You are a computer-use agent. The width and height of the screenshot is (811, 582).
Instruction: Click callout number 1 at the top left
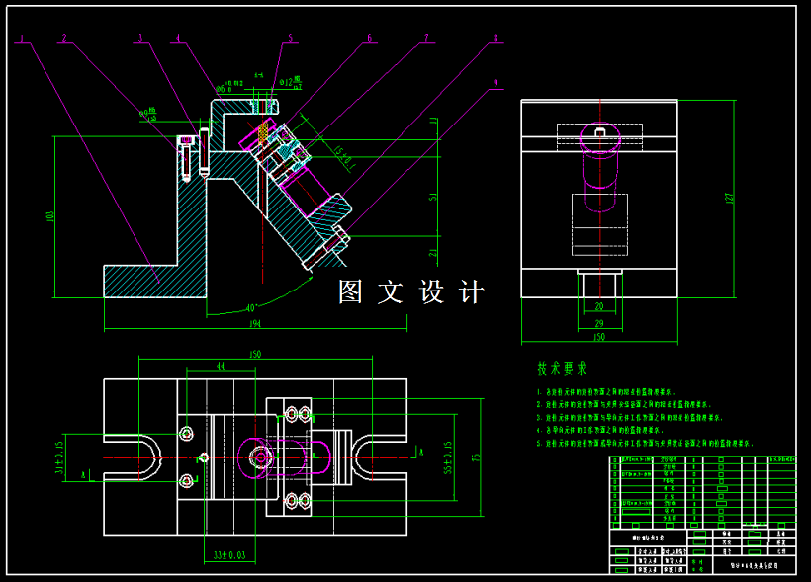tap(21, 39)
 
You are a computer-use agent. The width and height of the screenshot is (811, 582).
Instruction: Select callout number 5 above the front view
tap(291, 39)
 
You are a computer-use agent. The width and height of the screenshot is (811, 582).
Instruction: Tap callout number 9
tap(496, 83)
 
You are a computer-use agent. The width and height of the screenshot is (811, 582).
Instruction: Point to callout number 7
tap(426, 39)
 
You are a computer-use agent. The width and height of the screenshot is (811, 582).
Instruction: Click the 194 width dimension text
tap(254, 324)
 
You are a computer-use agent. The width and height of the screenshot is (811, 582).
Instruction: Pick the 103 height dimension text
tap(50, 216)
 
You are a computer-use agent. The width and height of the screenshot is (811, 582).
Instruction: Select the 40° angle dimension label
tap(250, 306)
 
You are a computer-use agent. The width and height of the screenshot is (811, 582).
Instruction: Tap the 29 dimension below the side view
tap(598, 322)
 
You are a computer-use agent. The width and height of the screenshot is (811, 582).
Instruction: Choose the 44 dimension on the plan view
tap(220, 367)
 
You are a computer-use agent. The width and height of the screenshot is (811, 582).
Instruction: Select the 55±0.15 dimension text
tap(447, 457)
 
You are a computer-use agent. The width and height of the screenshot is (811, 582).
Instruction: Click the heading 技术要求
tap(562, 369)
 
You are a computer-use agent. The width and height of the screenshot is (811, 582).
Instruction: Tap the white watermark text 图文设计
tap(411, 292)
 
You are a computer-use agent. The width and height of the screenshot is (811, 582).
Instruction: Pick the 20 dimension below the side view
tap(598, 306)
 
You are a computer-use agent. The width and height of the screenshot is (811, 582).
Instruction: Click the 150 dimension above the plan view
tap(254, 354)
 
